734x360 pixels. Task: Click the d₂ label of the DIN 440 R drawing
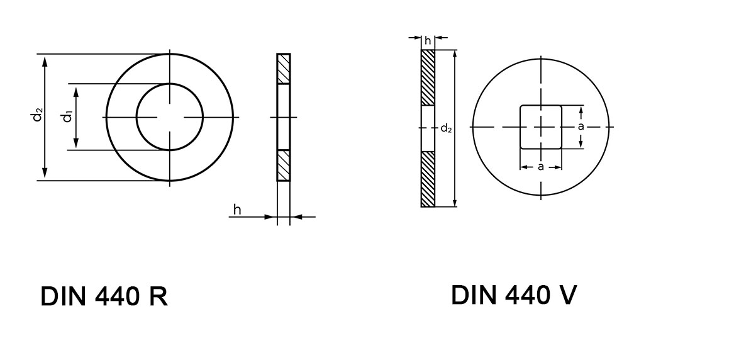tap(38, 116)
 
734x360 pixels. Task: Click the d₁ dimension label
tap(67, 116)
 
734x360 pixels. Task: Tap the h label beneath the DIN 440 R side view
tap(237, 210)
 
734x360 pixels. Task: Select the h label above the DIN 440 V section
tap(428, 41)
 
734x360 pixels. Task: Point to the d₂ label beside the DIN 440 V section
tap(446, 128)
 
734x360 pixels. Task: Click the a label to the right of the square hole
tap(581, 127)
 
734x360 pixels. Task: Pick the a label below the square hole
tap(541, 167)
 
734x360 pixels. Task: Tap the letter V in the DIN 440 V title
tap(565, 294)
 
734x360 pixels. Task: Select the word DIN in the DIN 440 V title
tap(471, 294)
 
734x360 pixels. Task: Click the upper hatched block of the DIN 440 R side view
tap(284, 69)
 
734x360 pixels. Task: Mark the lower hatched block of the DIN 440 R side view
tap(284, 166)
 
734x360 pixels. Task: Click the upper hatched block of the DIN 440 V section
tap(428, 78)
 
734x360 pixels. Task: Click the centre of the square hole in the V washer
tap(541, 127)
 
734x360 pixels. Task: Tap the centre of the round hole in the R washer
tap(170, 117)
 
